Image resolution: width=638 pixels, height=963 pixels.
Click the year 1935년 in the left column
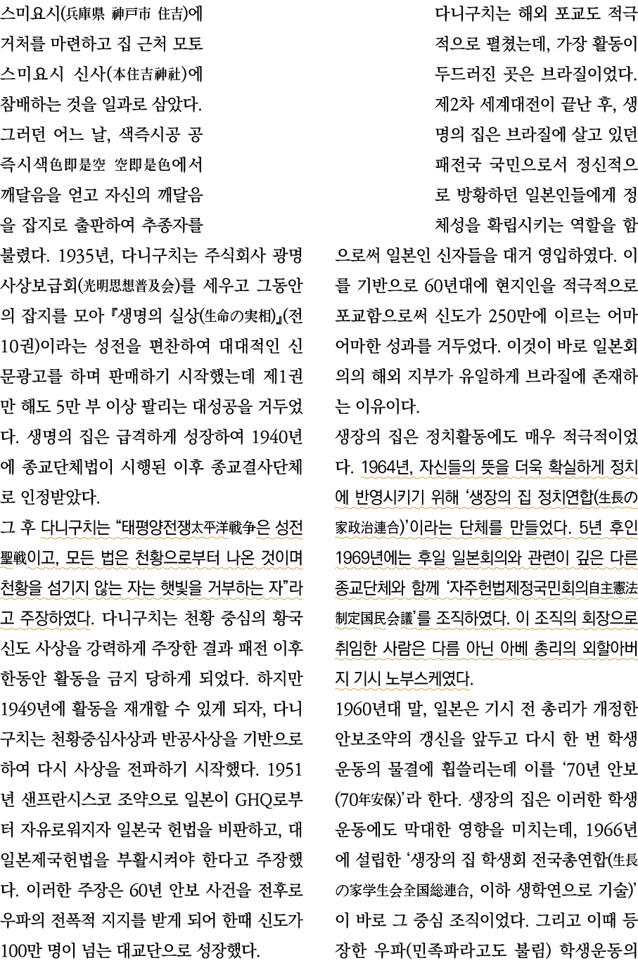[x=79, y=254]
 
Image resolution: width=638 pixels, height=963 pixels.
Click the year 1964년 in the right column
[x=387, y=467]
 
